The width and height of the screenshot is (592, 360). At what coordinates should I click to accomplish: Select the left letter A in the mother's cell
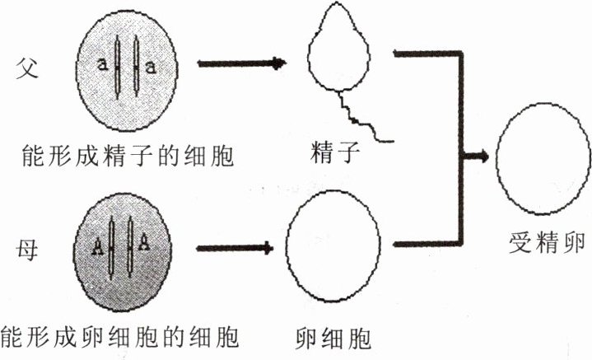pos(97,245)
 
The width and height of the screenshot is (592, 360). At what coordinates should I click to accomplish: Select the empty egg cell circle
pos(333,248)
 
